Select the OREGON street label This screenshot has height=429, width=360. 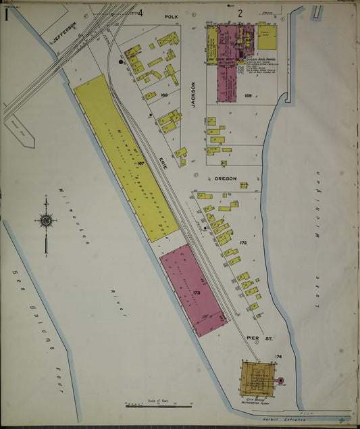(x=226, y=178)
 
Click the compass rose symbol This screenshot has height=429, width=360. (x=46, y=220)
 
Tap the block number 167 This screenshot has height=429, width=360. (x=140, y=163)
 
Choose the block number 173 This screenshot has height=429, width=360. (x=197, y=294)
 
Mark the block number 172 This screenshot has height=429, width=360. (x=243, y=242)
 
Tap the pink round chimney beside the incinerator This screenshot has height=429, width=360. (x=281, y=380)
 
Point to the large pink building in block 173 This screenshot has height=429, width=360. (x=192, y=293)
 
